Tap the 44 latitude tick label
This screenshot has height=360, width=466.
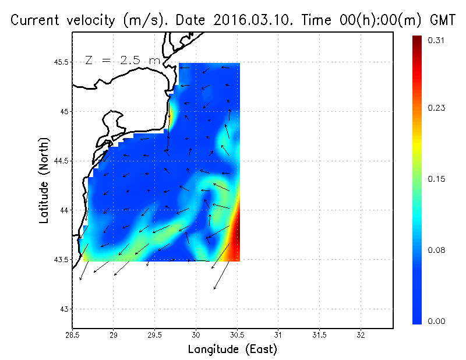point(64,210)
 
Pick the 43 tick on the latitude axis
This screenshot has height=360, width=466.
point(64,309)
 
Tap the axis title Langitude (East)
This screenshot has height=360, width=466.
point(232,350)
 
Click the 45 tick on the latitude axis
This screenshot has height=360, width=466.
point(64,111)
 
